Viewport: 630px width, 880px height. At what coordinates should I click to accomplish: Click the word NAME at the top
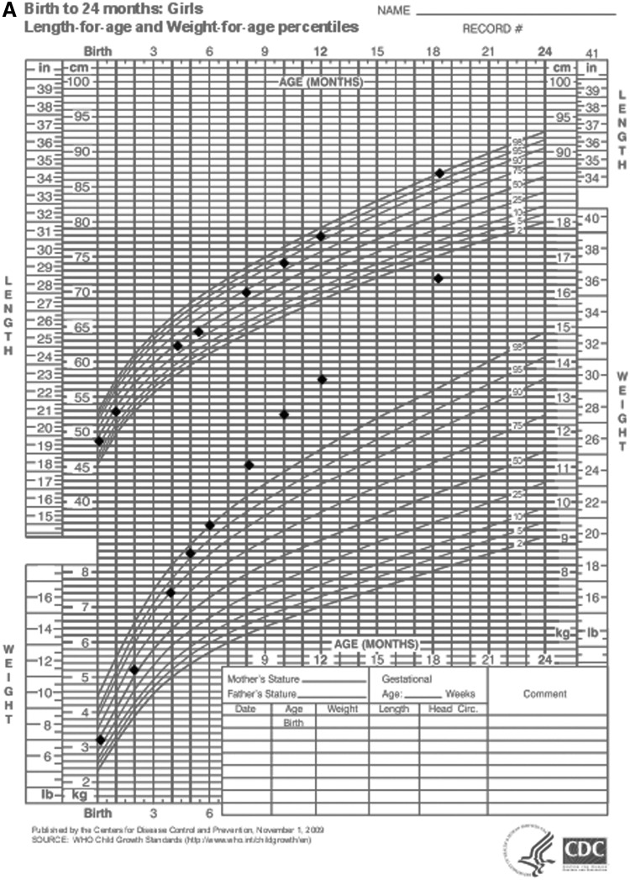(392, 11)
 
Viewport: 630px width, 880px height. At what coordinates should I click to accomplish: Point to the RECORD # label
(492, 28)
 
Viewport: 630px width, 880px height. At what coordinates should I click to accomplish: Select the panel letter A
(8, 9)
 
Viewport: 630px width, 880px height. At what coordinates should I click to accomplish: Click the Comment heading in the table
(544, 693)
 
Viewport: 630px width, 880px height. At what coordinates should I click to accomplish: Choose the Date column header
(245, 709)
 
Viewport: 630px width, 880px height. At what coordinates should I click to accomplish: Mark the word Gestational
(407, 678)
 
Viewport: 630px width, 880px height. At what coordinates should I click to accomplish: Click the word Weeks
(460, 694)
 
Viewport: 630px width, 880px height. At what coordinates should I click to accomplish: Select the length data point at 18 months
(438, 172)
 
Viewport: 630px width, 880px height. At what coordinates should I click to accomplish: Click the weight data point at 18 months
(438, 278)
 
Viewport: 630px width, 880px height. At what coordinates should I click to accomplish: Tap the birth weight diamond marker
(101, 740)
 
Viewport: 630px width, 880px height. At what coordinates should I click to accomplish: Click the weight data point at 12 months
(322, 379)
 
